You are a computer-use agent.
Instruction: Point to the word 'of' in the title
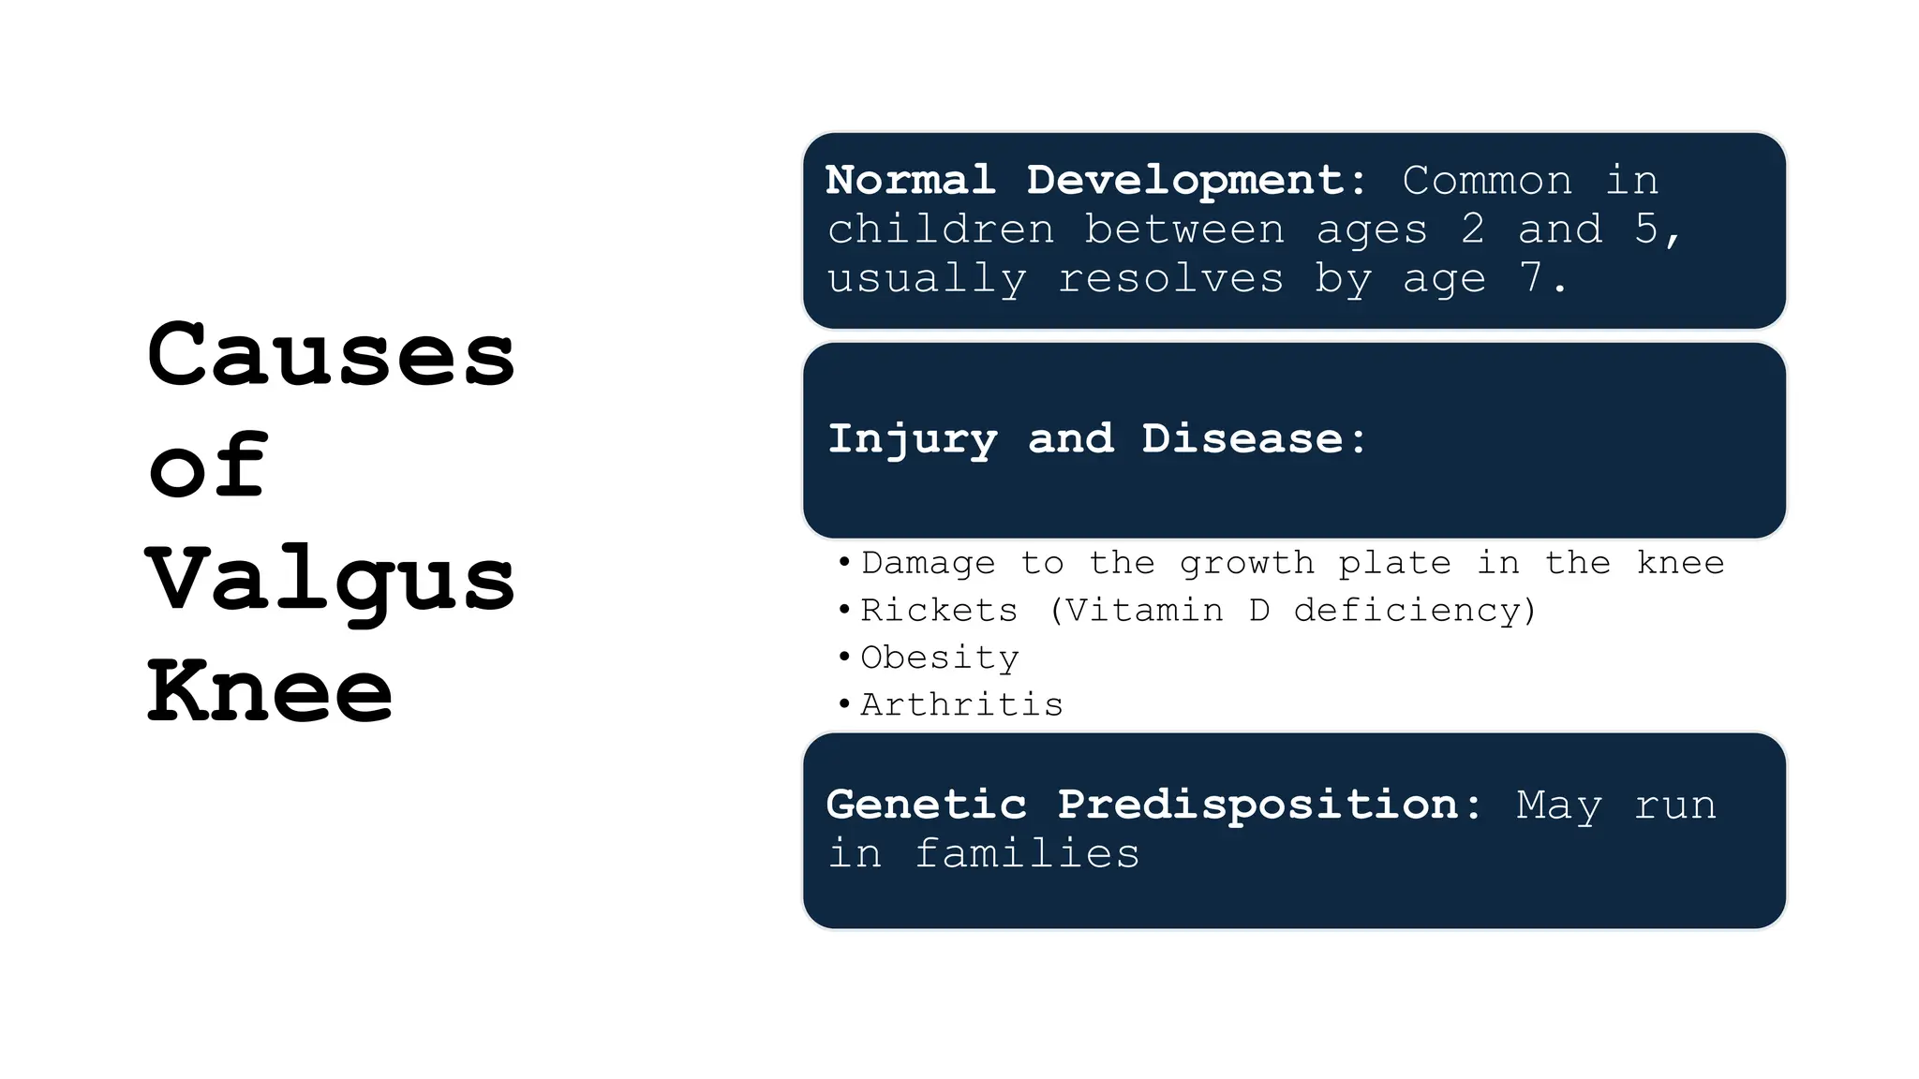[208, 466]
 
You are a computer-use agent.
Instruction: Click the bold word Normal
[910, 180]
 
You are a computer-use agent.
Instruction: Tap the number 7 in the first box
[1531, 277]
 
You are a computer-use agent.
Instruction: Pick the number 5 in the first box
[1646, 229]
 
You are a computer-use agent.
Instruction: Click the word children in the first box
[941, 229]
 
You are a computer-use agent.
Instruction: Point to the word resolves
[1170, 278]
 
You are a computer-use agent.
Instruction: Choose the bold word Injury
[913, 439]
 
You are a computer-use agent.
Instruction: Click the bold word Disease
[1242, 438]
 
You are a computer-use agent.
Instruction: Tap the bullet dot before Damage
[844, 562]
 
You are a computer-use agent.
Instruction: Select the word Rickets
[939, 611]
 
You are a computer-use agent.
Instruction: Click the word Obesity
[940, 658]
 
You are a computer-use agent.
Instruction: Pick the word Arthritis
[961, 704]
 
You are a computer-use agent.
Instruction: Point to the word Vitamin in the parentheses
[1145, 611]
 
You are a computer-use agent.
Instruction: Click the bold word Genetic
[926, 805]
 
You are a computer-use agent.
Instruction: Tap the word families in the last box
[1027, 854]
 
